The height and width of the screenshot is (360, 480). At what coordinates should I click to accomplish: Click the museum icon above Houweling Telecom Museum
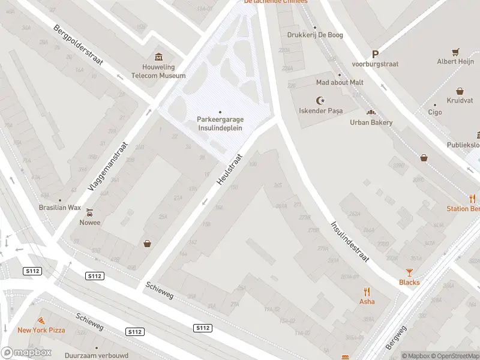tap(159, 57)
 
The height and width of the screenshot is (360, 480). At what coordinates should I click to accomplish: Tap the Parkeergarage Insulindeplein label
tap(220, 122)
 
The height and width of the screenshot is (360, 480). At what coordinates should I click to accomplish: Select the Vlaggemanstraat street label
tap(108, 166)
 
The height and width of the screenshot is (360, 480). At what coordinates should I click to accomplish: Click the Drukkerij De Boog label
tap(315, 35)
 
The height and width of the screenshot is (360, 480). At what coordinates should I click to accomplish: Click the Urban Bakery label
tap(371, 122)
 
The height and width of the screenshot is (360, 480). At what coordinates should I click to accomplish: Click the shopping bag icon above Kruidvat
tap(460, 91)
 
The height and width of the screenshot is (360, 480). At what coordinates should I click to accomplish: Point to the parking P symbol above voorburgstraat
tap(376, 54)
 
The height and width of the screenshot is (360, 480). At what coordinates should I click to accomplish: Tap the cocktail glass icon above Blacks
tap(410, 272)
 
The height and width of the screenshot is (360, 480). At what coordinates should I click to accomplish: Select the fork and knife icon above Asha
tap(367, 292)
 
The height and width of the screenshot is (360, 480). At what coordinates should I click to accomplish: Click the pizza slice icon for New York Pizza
tap(41, 321)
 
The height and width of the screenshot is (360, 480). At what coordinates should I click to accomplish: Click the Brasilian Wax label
tap(59, 207)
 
